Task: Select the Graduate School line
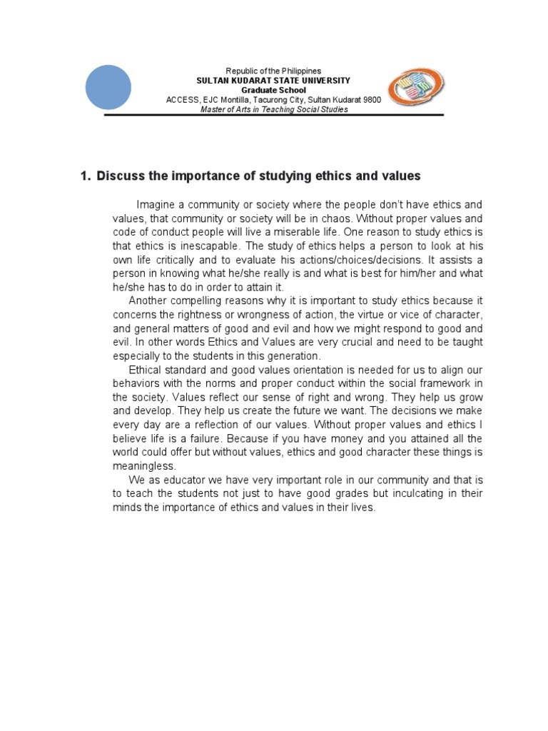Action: click(x=273, y=91)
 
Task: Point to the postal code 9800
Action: click(x=372, y=100)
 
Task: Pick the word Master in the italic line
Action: click(x=213, y=110)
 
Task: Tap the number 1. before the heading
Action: click(x=86, y=176)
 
